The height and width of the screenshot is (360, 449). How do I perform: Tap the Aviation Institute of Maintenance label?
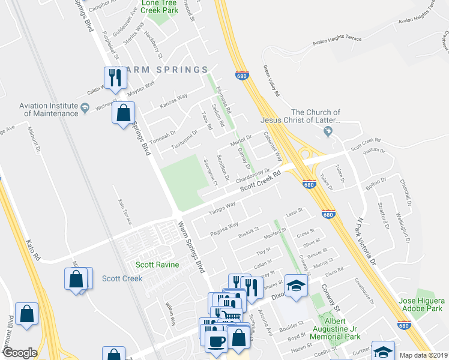tap(49, 109)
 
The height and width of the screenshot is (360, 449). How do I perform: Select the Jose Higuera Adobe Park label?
tap(421, 305)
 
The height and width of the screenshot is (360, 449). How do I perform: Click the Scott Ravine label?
tap(154, 265)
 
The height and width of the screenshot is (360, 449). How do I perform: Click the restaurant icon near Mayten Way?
tap(113, 77)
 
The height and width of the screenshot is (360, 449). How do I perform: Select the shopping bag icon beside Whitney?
tap(123, 113)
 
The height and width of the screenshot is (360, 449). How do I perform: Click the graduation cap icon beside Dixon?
tap(295, 286)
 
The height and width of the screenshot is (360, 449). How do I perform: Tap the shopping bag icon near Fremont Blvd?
tap(27, 314)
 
